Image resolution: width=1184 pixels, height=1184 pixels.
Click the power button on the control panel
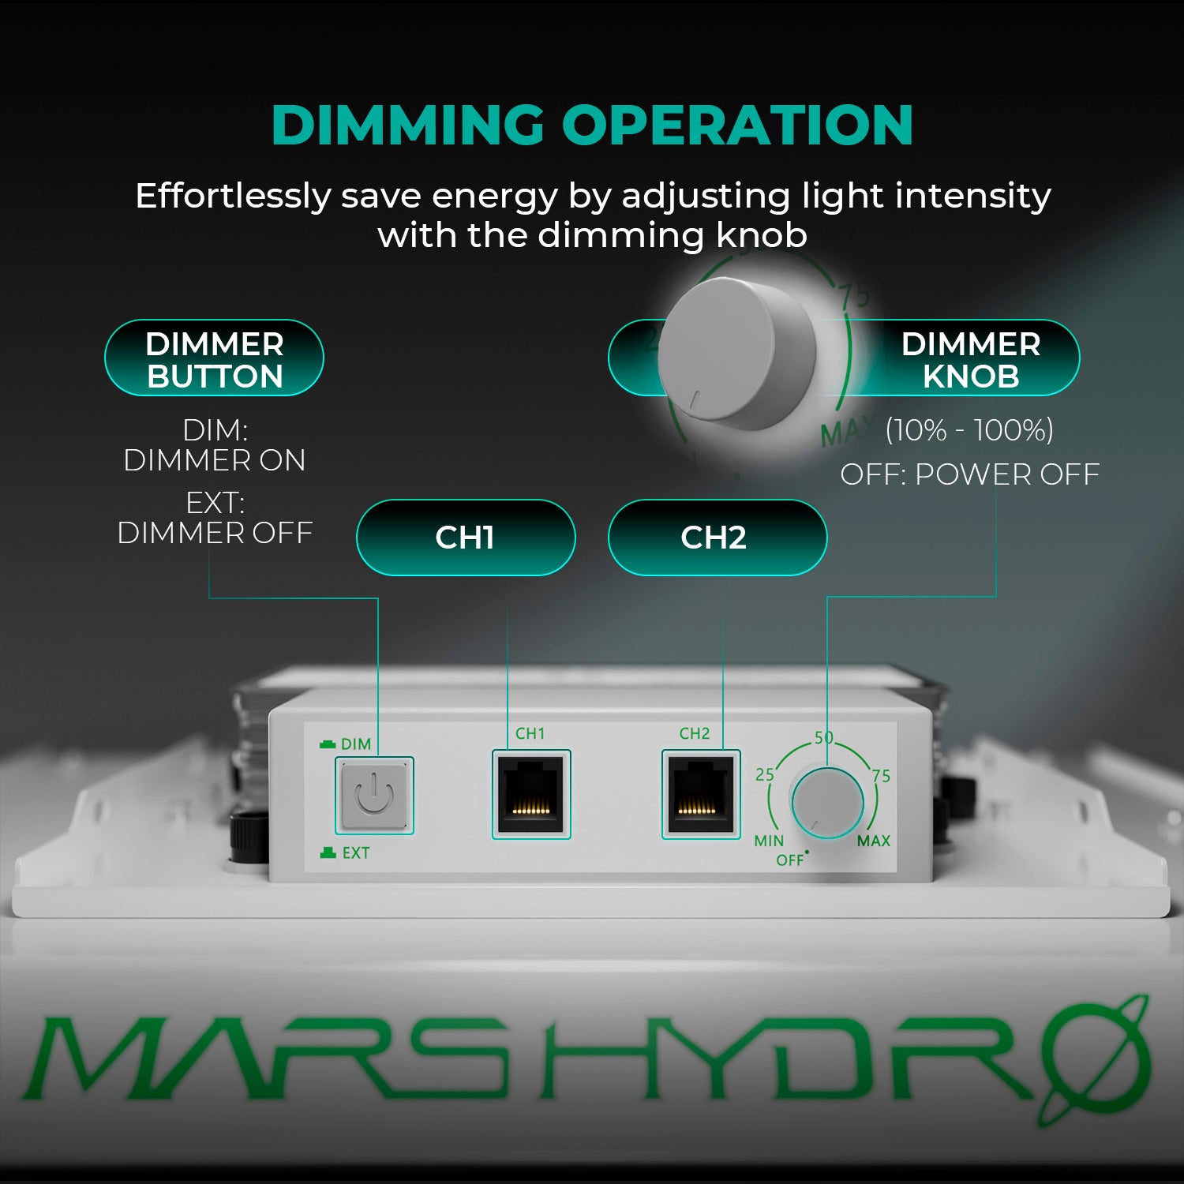point(374,795)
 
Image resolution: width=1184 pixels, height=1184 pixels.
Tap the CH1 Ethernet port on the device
point(531,794)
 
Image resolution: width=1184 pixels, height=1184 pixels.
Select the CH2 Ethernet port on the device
point(700,794)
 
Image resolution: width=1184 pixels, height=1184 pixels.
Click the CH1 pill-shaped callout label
point(465,538)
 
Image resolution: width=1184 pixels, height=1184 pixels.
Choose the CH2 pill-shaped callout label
point(714,538)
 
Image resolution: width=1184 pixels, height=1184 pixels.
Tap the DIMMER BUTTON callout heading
point(214,360)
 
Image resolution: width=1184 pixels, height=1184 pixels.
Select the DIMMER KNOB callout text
point(970,360)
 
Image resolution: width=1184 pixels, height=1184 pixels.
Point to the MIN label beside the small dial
point(769,841)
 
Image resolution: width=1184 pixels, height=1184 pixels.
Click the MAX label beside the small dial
point(874,841)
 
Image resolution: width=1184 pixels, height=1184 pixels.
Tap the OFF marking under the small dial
point(789,860)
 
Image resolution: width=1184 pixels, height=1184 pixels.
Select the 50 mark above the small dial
point(824,738)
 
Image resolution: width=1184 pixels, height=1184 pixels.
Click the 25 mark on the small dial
point(765,775)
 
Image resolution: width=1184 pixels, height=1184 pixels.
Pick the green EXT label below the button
point(355,853)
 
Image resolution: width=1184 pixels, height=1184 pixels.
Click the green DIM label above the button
point(355,744)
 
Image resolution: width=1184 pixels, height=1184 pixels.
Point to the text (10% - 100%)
point(969,430)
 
